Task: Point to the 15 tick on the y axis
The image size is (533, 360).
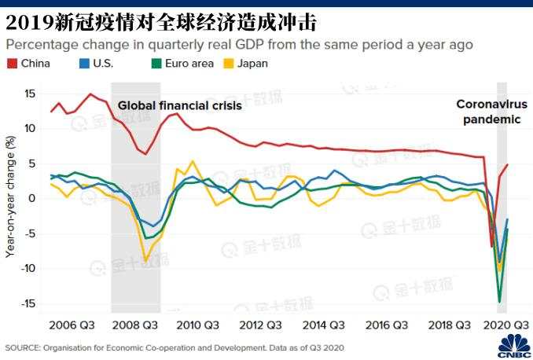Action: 31,94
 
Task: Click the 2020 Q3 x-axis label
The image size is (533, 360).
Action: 504,325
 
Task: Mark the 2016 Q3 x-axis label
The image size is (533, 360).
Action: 388,325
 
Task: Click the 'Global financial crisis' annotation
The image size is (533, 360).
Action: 180,105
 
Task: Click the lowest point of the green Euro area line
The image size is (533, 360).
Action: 499,301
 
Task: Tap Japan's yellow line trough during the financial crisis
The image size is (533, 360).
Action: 145,260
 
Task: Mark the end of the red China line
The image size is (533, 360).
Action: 507,164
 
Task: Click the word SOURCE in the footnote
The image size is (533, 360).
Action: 24,347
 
